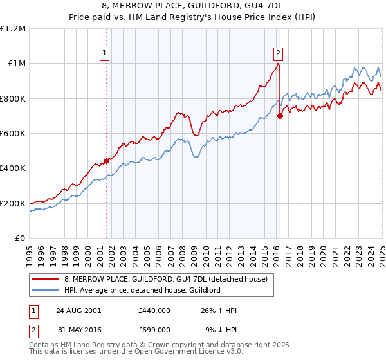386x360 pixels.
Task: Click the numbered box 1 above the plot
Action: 105,54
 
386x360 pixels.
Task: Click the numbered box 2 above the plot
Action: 278,54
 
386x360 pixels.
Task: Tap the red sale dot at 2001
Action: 107,161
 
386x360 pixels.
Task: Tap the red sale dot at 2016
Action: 280,116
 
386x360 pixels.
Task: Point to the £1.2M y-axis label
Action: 13,28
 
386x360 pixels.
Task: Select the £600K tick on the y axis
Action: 13,133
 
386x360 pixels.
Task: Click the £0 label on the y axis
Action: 20,238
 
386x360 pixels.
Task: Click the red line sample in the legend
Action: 45,279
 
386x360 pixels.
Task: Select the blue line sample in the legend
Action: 45,290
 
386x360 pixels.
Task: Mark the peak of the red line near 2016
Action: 278,64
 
